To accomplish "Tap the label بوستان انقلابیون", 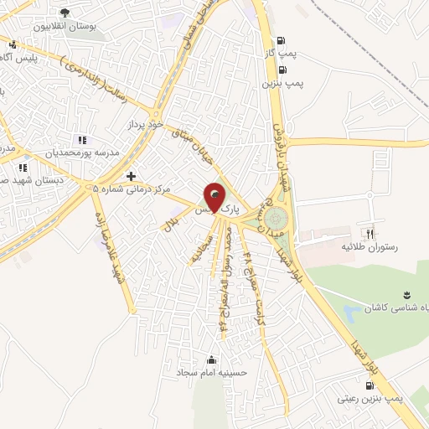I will coord(65,26).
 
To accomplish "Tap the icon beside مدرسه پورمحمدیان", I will coord(81,140).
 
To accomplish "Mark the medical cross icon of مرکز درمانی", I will coord(130,176).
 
